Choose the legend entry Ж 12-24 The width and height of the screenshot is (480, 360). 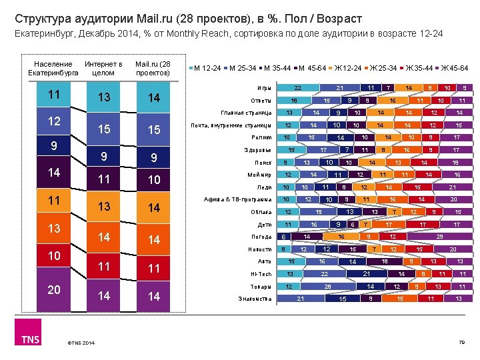[x=346, y=68]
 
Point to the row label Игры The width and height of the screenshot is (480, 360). [x=265, y=88]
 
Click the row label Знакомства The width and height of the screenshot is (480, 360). [x=255, y=298]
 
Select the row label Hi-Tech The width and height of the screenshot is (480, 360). [x=261, y=273]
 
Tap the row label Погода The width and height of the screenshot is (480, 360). [x=262, y=236]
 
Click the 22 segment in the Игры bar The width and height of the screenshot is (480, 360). [x=298, y=88]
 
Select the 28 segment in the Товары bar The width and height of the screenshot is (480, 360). [x=327, y=286]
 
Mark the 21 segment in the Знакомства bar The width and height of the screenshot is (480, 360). [x=300, y=298]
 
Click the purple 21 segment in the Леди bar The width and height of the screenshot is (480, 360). [x=453, y=187]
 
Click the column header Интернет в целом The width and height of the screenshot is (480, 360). [x=103, y=68]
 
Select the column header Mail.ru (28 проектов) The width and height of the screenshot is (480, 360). [x=153, y=68]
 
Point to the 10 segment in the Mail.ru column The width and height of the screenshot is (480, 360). [x=154, y=179]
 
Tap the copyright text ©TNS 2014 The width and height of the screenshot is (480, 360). [x=80, y=343]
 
